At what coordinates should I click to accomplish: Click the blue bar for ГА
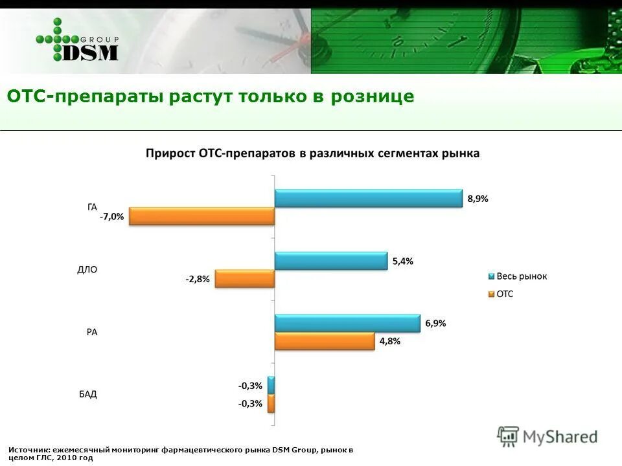(368, 198)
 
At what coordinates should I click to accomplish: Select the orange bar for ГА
(202, 216)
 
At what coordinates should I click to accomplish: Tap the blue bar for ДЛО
(330, 261)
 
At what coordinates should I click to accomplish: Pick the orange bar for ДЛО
(245, 279)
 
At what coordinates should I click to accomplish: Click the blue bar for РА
(347, 323)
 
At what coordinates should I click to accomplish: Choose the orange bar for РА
(325, 341)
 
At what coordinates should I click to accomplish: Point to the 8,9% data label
(478, 199)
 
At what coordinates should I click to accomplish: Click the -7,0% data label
(111, 217)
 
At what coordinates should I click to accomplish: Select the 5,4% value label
(402, 261)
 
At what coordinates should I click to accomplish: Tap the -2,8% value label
(198, 280)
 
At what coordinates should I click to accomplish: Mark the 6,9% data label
(435, 324)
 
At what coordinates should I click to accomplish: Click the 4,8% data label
(389, 341)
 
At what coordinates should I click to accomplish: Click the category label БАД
(88, 394)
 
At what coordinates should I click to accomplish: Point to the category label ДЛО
(87, 270)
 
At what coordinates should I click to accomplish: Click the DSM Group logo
(78, 41)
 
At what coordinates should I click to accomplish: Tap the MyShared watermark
(547, 437)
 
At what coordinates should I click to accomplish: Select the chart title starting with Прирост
(312, 154)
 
